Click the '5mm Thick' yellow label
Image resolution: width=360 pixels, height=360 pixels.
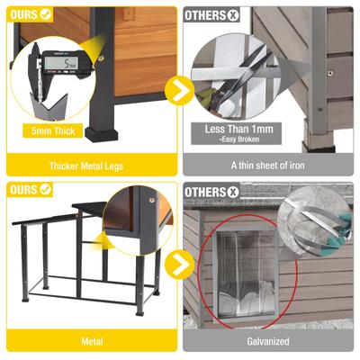coord(53,130)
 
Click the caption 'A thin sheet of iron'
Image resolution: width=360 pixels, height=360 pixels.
coord(269,166)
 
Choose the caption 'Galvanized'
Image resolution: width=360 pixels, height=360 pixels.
coord(269,342)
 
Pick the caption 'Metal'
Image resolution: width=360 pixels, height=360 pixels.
coord(90,342)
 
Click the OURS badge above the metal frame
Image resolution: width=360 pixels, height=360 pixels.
coord(30,190)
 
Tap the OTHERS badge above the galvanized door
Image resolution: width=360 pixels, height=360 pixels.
coord(212,190)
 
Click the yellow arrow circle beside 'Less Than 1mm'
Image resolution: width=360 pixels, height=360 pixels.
coord(181,91)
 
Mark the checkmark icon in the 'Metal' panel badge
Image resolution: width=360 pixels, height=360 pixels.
coord(44,190)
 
